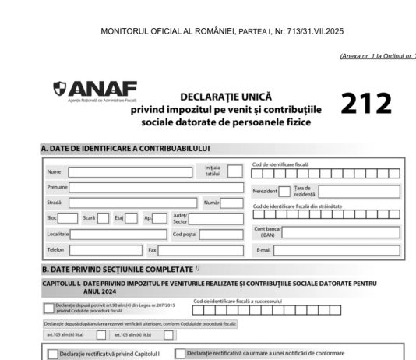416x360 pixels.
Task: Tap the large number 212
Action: (365, 104)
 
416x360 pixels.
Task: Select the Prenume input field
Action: (155, 187)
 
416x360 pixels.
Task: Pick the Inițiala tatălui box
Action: (234, 171)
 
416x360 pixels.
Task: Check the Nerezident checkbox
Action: (284, 191)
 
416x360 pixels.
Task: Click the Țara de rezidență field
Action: (358, 191)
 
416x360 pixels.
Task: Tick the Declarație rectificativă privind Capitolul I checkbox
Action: (53, 354)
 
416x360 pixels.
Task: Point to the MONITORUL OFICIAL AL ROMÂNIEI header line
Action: (222, 32)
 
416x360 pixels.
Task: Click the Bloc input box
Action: (69, 218)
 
